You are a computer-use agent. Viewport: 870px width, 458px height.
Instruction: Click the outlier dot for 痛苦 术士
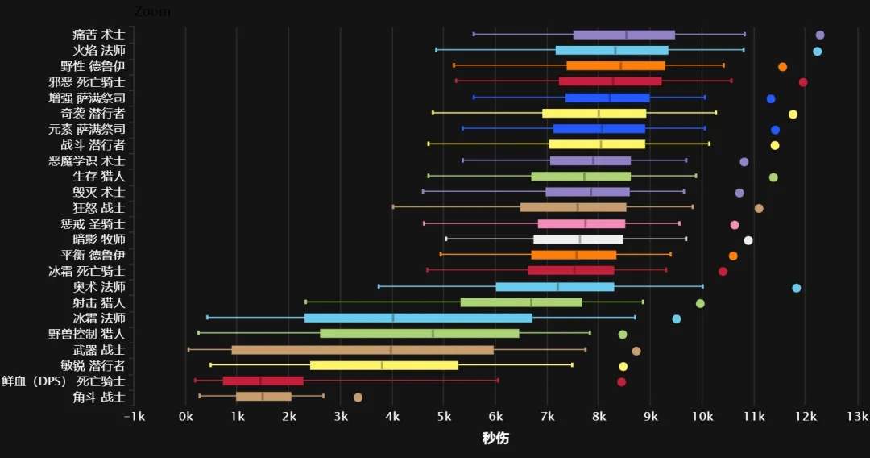coord(820,35)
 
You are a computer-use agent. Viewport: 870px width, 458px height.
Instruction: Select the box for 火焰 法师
coord(611,51)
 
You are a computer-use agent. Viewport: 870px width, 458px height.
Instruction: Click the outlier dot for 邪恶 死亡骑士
coord(803,82)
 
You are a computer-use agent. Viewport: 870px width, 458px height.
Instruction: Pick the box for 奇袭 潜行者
coord(594,114)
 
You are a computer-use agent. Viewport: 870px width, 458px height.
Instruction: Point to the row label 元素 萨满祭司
coord(86,129)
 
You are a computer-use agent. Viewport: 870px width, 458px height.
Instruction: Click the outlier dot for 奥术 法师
coord(797,288)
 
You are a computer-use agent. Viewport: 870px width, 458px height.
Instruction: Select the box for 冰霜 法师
coord(418,318)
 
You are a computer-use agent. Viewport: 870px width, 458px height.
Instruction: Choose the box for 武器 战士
coord(362,350)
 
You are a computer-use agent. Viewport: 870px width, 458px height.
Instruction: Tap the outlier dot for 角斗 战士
coord(358,397)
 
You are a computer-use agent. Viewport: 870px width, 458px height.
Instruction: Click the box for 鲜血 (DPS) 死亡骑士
coord(263,381)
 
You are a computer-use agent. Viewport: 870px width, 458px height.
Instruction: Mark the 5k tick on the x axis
coord(444,417)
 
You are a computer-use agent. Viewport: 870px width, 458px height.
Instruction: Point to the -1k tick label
coord(135,417)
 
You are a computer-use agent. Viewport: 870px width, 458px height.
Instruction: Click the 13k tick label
coord(857,417)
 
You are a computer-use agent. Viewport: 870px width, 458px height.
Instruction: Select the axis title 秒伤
coord(495,439)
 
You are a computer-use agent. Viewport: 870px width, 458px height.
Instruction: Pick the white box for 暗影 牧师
coord(578,239)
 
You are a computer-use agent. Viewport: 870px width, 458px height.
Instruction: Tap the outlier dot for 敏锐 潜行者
coord(623,366)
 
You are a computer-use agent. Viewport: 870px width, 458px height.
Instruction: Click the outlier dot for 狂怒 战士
coord(759,208)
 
